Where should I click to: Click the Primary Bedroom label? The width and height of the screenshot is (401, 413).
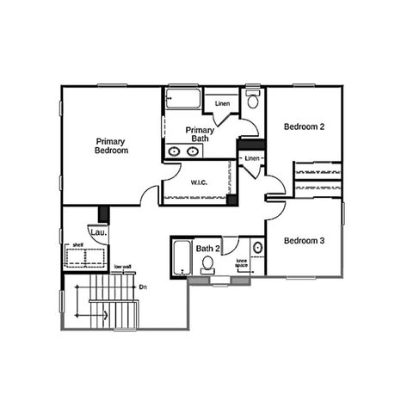[112, 145]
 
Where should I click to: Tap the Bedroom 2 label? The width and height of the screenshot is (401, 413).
[304, 126]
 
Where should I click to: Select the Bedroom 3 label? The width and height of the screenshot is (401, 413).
[304, 240]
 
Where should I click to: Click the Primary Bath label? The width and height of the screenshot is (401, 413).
[200, 133]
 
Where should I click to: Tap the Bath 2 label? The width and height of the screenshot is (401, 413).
[208, 249]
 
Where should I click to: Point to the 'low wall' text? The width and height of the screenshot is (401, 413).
[122, 267]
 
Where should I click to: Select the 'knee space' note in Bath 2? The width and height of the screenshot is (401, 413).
[242, 262]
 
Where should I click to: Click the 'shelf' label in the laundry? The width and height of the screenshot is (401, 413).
[77, 245]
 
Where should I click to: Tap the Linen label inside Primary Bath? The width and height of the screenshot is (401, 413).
[223, 104]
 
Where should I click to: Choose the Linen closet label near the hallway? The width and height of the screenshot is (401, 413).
[252, 159]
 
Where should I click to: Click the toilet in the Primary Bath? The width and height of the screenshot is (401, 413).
[252, 101]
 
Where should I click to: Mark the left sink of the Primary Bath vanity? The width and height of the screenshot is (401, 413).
[175, 151]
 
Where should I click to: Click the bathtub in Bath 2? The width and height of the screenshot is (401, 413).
[182, 257]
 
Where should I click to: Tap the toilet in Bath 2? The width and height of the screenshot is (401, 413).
[257, 248]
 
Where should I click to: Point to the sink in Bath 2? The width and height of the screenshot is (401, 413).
[207, 272]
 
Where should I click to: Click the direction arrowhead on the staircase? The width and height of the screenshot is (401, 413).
[105, 315]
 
